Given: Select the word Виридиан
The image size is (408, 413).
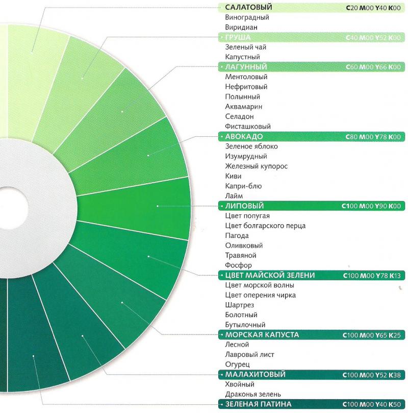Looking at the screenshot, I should [x=241, y=27].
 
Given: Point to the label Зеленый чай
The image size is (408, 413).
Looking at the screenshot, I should [x=245, y=47].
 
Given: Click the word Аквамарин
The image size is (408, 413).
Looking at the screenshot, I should [x=243, y=107].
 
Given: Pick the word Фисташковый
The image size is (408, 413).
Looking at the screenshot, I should [x=248, y=126].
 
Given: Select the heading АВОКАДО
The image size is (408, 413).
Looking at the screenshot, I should [x=244, y=136].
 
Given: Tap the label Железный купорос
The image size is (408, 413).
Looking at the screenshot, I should [x=257, y=166].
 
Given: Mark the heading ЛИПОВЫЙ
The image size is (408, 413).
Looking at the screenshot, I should [x=244, y=206].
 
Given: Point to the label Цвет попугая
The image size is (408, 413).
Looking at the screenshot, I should [x=247, y=216].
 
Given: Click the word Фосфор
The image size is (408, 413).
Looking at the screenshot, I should [x=238, y=265].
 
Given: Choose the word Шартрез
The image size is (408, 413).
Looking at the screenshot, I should [x=239, y=305].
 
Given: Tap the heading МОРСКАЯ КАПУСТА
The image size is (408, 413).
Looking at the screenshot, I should [x=262, y=335].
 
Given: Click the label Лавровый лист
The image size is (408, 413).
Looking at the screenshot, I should [x=249, y=354].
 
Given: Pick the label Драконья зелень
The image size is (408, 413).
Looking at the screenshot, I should [x=253, y=394].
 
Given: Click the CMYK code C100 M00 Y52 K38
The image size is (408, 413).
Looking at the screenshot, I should [x=373, y=375].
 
